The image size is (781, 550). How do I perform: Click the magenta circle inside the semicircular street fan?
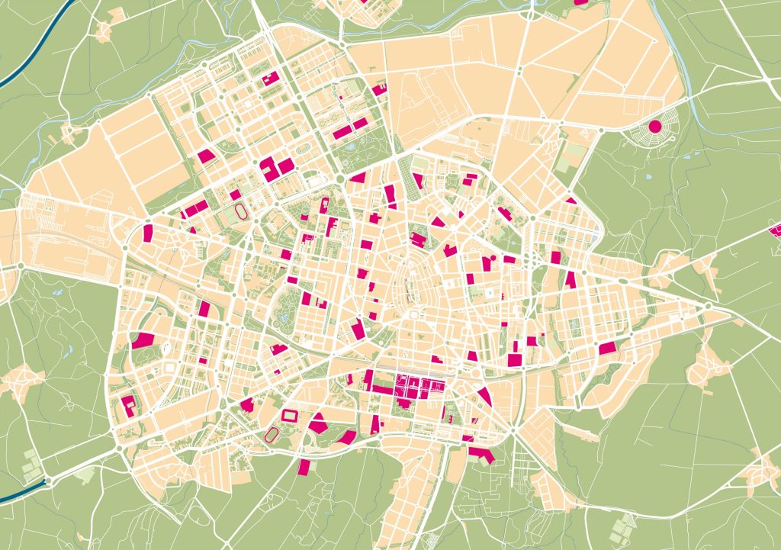(654, 127)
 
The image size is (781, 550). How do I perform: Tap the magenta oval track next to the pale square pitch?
(241, 207)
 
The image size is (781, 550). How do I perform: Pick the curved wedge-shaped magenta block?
(484, 394)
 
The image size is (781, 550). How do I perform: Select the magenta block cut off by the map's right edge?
(775, 230)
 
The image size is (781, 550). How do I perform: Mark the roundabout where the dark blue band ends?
(47, 481)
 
